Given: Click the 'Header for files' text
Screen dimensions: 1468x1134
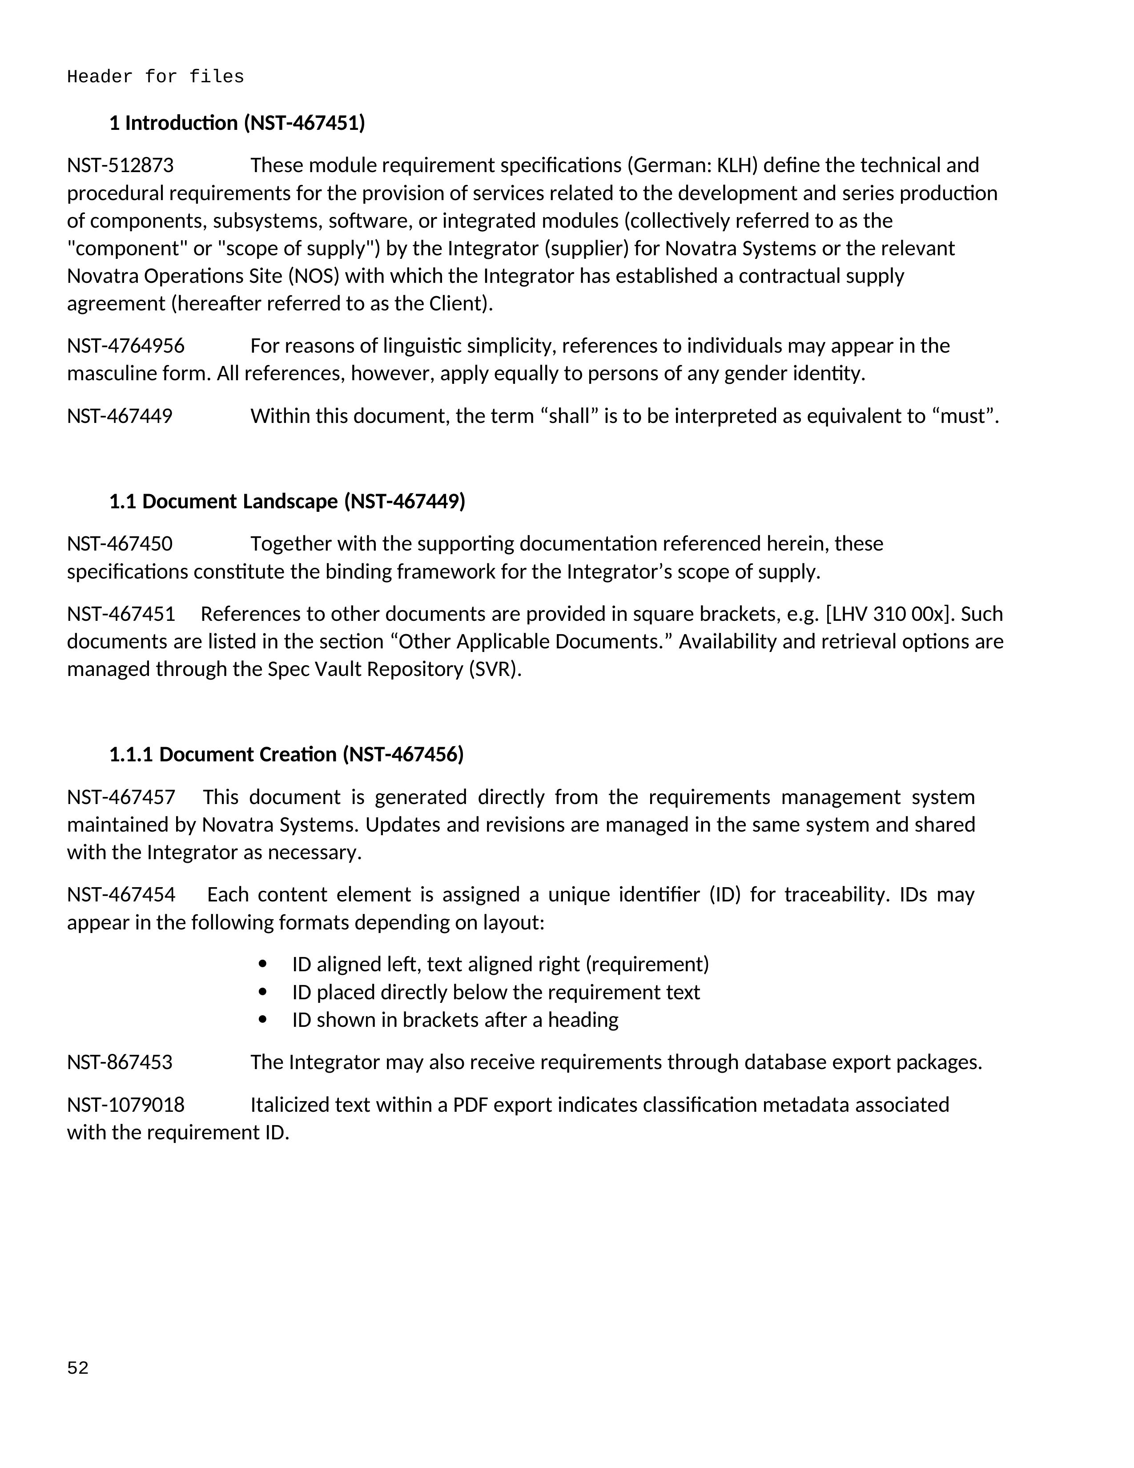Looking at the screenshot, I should pos(155,77).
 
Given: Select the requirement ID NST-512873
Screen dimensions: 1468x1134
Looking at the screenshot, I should pos(121,165).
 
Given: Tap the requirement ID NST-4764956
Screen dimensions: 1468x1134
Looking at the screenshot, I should pos(126,346).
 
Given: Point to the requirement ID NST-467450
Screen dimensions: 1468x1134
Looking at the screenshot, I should pos(120,544).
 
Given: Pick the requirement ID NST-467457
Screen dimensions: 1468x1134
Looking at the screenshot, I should pos(121,797).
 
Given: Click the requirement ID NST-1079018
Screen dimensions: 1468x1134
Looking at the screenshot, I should pos(126,1105).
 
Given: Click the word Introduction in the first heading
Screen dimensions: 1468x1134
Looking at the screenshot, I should pos(181,123).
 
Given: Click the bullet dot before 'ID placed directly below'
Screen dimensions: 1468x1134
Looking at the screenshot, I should pos(262,992).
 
